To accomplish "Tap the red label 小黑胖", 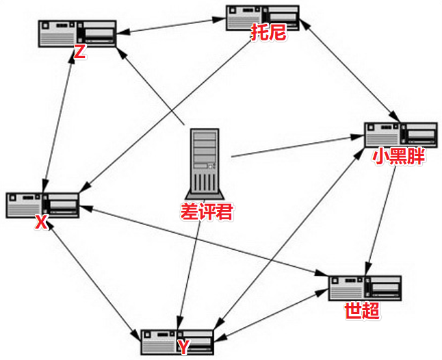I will click(398, 157).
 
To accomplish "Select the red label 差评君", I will click(207, 212).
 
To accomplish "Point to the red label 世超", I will click(362, 311).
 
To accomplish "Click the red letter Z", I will click(79, 53).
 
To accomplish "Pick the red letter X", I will click(41, 222).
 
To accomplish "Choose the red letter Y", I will click(183, 346).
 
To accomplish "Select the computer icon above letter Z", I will click(77, 33).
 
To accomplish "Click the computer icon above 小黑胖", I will click(400, 135).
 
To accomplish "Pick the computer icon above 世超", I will click(365, 288).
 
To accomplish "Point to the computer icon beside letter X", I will click(42, 205).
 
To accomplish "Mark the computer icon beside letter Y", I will click(177, 340).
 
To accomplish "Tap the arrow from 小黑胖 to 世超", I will click(382, 219).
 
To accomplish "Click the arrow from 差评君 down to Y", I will click(190, 274).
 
